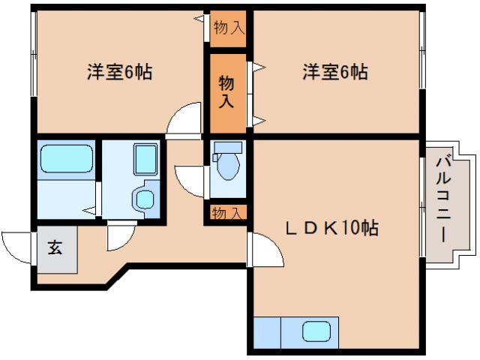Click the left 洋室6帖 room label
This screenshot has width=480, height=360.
pos(119,73)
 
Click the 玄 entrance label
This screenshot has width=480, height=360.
pos(56,247)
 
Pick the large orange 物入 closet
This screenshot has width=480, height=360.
pos(226,91)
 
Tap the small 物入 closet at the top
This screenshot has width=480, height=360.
pos(228,28)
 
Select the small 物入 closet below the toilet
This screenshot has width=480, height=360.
pos(226,213)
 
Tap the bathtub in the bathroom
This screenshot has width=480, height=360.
pos(66,159)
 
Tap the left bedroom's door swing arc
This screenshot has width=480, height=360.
pos(184,120)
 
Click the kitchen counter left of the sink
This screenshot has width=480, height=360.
pos(267,331)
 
